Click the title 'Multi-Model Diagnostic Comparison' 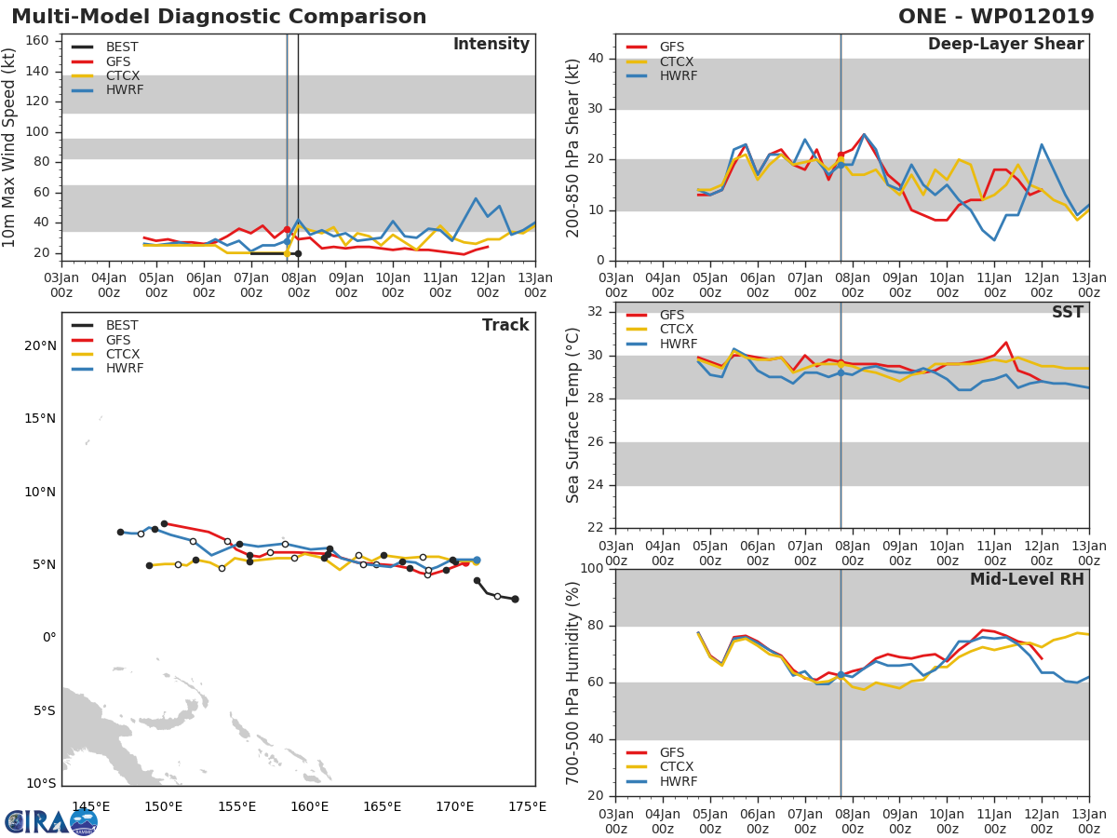(x=219, y=17)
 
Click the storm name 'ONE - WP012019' (x=996, y=17)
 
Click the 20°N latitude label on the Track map (x=39, y=345)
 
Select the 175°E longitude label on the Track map (x=527, y=806)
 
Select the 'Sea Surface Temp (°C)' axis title (x=573, y=414)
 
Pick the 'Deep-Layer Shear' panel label (x=1005, y=45)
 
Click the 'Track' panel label (x=505, y=325)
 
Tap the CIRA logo (x=50, y=821)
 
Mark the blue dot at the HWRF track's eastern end (x=477, y=561)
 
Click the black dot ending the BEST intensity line (x=298, y=253)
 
